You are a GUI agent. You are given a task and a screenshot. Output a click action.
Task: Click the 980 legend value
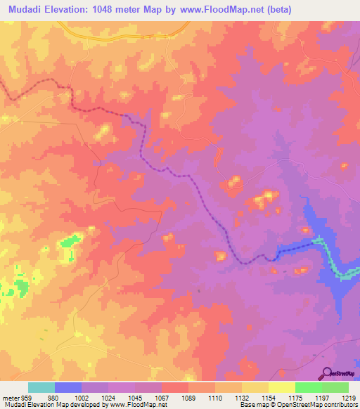pos(55,398)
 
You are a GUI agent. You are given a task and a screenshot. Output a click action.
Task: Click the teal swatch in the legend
pos(41,387)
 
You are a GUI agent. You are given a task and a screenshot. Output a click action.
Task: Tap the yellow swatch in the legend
pos(282,387)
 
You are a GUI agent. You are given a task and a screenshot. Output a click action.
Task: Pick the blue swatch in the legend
pos(68,387)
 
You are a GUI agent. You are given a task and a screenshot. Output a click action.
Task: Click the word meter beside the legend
pos(10,398)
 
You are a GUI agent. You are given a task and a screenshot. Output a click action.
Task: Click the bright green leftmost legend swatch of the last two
pos(309,387)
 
